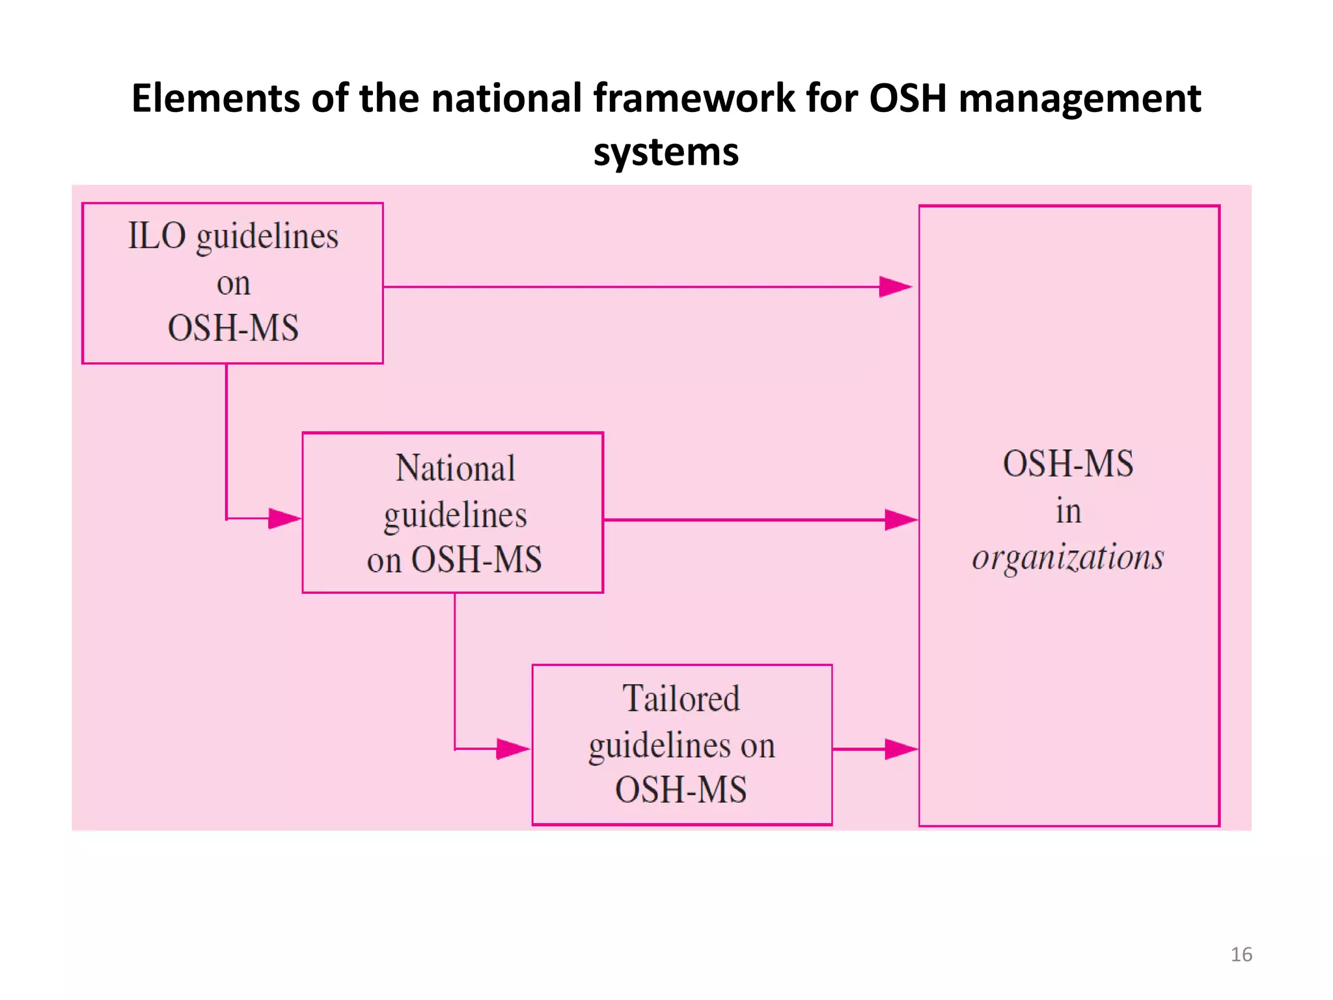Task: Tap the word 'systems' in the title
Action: pyautogui.click(x=666, y=152)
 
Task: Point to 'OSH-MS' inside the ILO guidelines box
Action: pyautogui.click(x=233, y=327)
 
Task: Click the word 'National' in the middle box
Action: pyautogui.click(x=455, y=468)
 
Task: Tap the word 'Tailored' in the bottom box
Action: pyautogui.click(x=681, y=699)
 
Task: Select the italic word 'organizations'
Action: pyautogui.click(x=1067, y=557)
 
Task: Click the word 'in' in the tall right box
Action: pyautogui.click(x=1068, y=511)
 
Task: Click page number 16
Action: pyautogui.click(x=1241, y=954)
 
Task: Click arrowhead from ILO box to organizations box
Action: pyautogui.click(x=896, y=286)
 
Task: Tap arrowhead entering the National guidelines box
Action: pyautogui.click(x=284, y=519)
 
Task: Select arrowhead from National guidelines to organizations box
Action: pyautogui.click(x=901, y=520)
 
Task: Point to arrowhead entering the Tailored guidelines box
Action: pyautogui.click(x=513, y=749)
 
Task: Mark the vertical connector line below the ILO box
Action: pyautogui.click(x=227, y=443)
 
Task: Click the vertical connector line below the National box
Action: pyautogui.click(x=454, y=671)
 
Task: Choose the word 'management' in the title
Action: pyautogui.click(x=1079, y=98)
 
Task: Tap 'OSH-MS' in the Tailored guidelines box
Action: pyautogui.click(x=681, y=790)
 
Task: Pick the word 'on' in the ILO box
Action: pyautogui.click(x=233, y=284)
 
